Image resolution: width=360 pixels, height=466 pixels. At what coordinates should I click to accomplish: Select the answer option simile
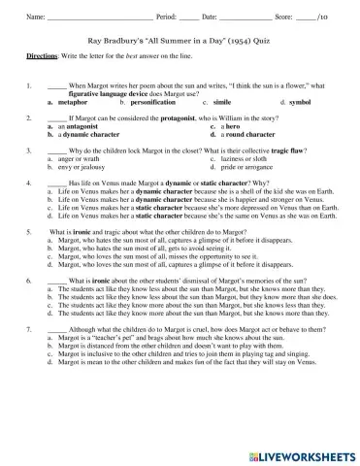(x=221, y=101)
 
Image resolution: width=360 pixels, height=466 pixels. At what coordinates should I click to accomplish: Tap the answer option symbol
(x=299, y=101)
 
